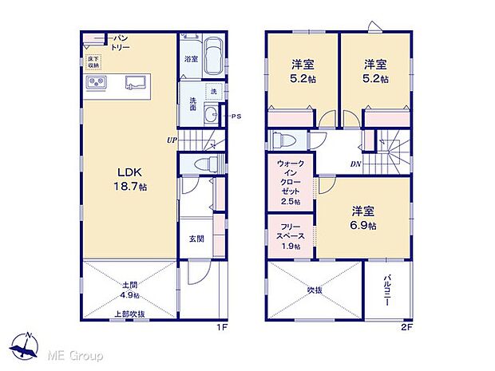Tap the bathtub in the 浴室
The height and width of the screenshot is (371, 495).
[212, 57]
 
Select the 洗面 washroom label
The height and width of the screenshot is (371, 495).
[192, 104]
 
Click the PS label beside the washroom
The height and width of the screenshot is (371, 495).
[236, 116]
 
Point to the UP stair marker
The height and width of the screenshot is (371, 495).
[171, 140]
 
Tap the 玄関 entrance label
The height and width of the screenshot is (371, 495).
[195, 239]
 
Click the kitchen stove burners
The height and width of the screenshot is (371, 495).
[97, 81]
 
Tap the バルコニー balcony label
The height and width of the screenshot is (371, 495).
[385, 291]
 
